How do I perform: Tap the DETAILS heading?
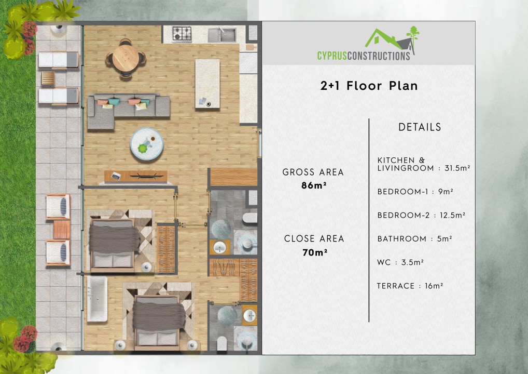[420, 127]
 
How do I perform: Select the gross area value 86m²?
[313, 185]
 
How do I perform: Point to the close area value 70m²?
[314, 253]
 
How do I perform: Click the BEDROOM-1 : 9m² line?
[415, 192]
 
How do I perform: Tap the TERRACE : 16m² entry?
[410, 286]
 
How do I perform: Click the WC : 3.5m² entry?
[400, 262]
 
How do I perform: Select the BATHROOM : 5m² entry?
[414, 239]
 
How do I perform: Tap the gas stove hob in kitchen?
[182, 34]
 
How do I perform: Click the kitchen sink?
[222, 35]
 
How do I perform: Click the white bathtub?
[97, 299]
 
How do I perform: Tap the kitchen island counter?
[207, 83]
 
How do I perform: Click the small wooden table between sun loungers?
[48, 79]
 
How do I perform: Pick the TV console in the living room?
[135, 176]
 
